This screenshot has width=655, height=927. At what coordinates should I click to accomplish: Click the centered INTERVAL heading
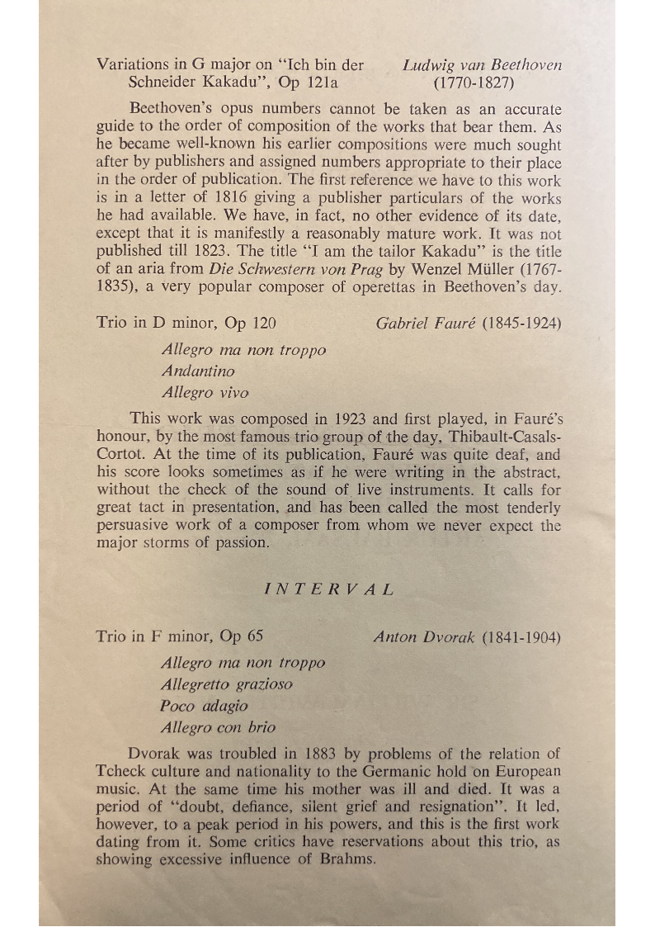coord(328,589)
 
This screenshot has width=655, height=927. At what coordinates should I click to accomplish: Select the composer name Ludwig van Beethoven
coord(482,64)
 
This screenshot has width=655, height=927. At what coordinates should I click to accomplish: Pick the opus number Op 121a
coord(309,83)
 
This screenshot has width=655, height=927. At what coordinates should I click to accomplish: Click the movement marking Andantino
coord(198,371)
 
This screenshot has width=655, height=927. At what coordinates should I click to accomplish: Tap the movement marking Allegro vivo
coord(205,393)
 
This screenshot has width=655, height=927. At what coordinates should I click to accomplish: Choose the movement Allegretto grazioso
coord(227,684)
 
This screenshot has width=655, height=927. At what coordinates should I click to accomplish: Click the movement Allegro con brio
coord(219,728)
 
